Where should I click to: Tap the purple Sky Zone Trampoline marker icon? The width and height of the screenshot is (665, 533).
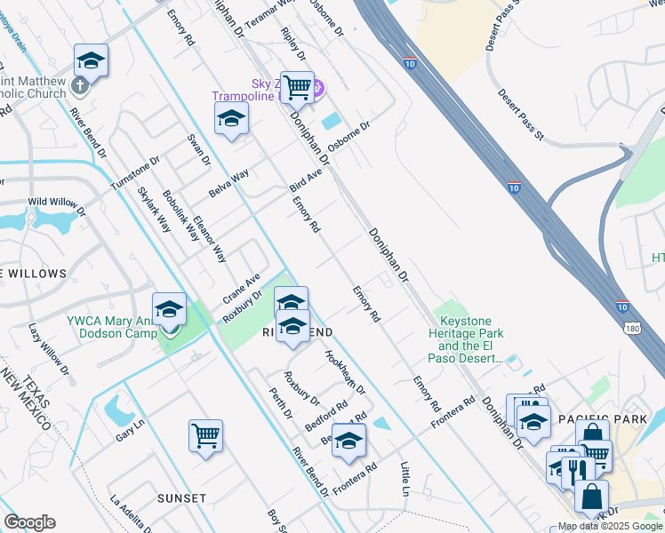pyautogui.click(x=317, y=88)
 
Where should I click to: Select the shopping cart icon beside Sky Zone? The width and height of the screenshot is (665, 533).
pyautogui.click(x=297, y=87)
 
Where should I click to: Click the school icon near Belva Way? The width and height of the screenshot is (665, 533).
pyautogui.click(x=231, y=118)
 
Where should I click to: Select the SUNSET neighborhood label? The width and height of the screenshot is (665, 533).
pyautogui.click(x=182, y=498)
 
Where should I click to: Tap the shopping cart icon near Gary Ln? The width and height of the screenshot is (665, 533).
pyautogui.click(x=205, y=435)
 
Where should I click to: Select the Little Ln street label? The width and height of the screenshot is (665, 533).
pyautogui.click(x=405, y=479)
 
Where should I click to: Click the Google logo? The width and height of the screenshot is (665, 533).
pyautogui.click(x=29, y=522)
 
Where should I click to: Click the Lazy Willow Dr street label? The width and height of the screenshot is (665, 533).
pyautogui.click(x=47, y=346)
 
